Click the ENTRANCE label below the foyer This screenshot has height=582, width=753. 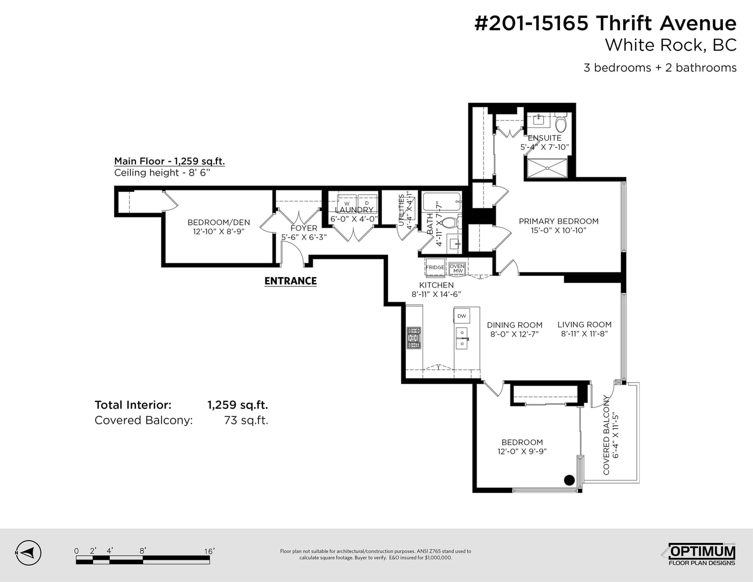tap(290, 281)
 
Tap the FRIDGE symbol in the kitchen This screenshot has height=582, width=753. tap(435, 267)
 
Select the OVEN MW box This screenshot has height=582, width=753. tap(457, 269)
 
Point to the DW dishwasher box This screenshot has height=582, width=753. tap(462, 316)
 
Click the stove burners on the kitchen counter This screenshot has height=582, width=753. tap(414, 338)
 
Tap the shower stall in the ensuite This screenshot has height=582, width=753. tap(547, 168)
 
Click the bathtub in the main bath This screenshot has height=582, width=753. tap(442, 202)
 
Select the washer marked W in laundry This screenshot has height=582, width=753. tap(347, 203)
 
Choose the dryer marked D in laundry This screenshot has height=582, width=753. tap(367, 203)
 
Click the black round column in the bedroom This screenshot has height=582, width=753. tap(569, 480)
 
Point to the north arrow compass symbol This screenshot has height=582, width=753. tap(28, 553)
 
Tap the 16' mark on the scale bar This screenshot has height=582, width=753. tap(209, 551)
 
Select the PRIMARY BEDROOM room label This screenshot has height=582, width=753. tap(559, 222)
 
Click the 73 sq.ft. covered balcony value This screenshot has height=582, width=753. tap(246, 420)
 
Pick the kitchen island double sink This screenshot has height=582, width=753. tap(462, 338)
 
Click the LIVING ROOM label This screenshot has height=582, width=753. tap(585, 325)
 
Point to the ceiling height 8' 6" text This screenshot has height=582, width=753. tap(162, 173)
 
